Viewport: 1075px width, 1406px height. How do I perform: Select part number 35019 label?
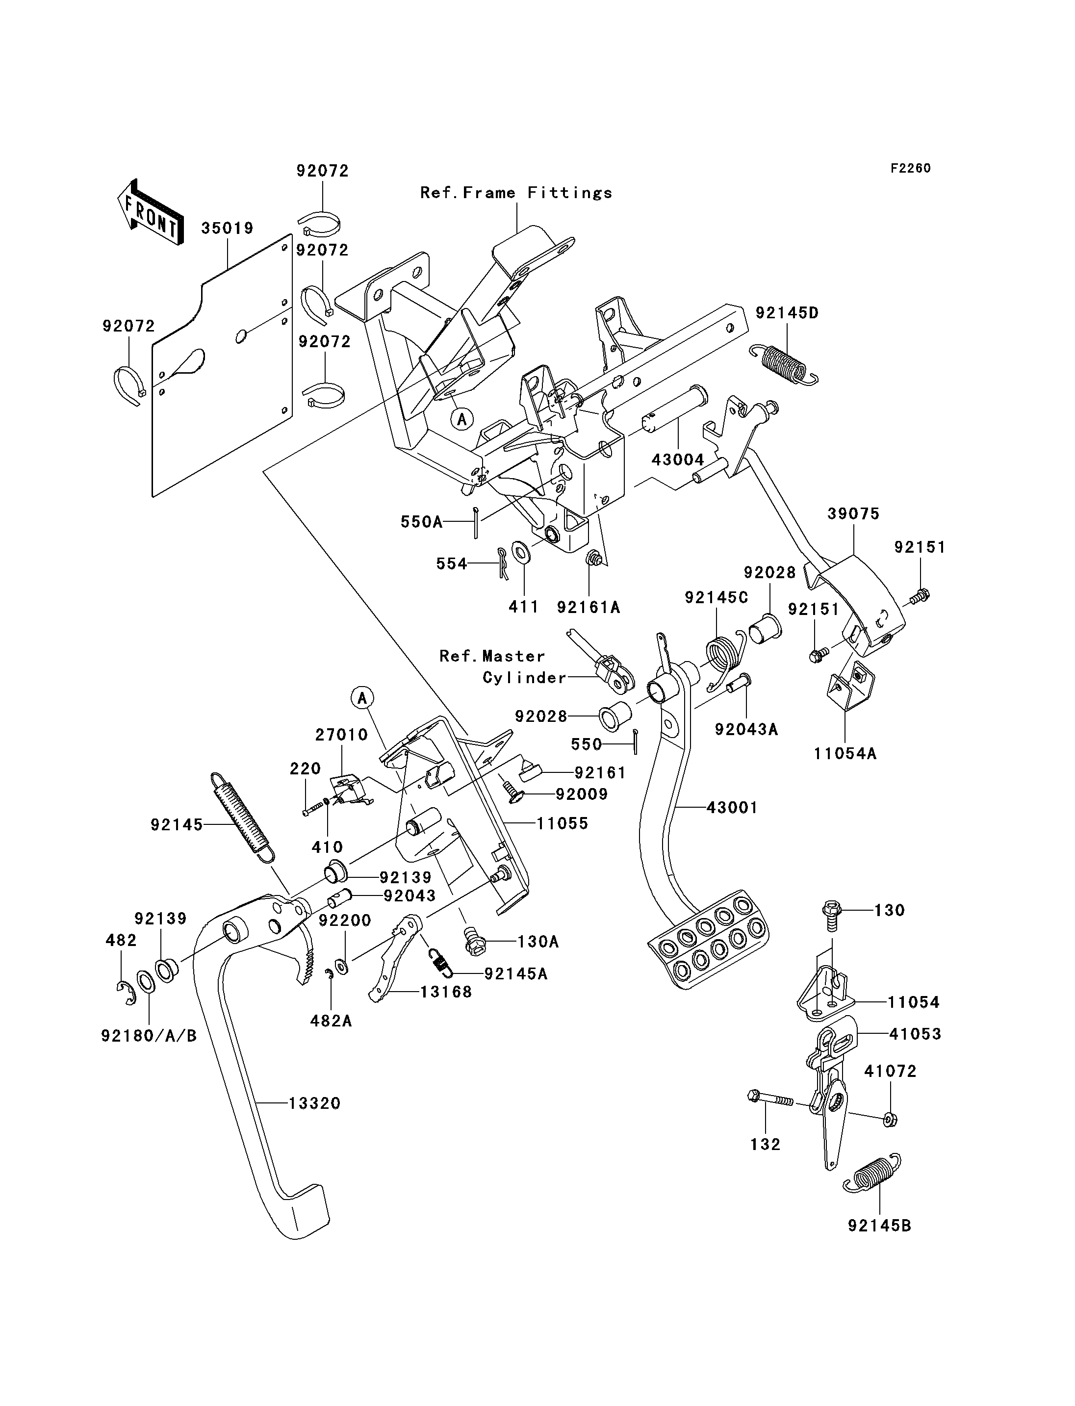coord(227,229)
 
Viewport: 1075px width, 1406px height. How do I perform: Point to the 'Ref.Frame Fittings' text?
coord(516,193)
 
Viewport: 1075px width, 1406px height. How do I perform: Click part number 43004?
coord(678,460)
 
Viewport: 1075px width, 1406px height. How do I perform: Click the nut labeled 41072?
coord(890,1120)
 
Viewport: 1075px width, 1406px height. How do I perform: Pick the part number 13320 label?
coord(314,1103)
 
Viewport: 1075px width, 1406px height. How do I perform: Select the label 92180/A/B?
coord(149,1035)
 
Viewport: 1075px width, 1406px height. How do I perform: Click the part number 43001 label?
coord(732,808)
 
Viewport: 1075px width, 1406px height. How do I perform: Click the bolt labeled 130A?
coord(475,943)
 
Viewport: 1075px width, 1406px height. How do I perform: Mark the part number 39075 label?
coord(853,514)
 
